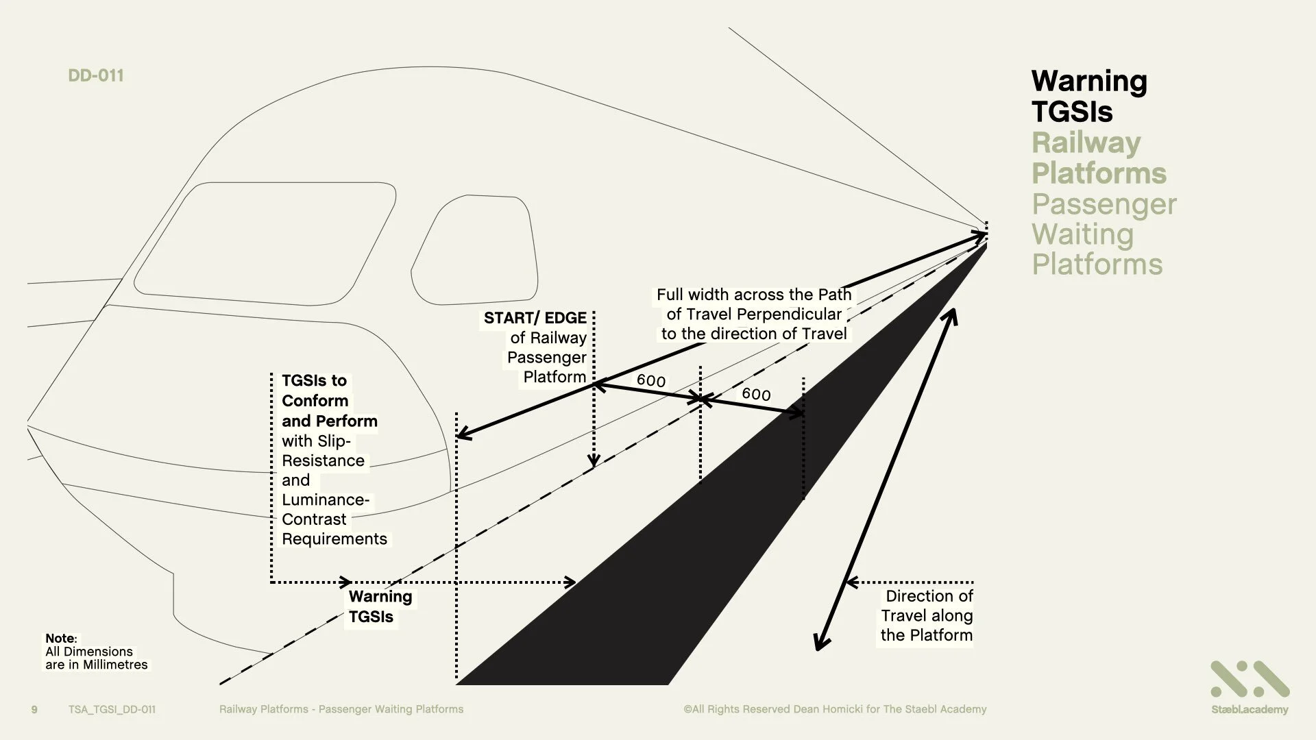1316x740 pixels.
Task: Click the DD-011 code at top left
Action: (96, 75)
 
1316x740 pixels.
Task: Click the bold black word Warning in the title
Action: (1088, 81)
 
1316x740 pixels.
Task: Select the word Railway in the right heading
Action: (1086, 143)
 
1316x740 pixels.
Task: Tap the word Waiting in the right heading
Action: (1082, 234)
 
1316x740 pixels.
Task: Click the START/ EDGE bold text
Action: (535, 318)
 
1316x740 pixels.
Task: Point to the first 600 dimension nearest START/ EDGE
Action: (650, 380)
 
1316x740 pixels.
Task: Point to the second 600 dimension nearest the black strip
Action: (756, 394)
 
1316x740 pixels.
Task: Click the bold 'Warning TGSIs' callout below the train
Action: (380, 606)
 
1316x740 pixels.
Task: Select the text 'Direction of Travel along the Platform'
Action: (927, 615)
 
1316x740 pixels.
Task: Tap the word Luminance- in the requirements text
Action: (325, 500)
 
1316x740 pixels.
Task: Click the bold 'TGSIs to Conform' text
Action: (315, 390)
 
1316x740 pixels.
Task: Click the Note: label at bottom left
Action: (61, 639)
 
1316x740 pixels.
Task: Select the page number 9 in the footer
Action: (34, 709)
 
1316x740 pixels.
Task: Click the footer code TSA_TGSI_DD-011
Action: (112, 709)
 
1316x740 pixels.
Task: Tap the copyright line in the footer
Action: (834, 709)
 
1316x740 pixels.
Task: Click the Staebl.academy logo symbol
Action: (1249, 679)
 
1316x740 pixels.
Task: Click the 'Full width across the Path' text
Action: (753, 295)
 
